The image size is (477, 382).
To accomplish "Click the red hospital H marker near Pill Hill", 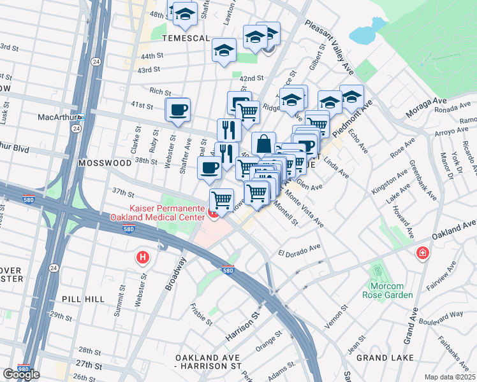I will (143, 258).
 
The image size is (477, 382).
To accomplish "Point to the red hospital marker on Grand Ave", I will (422, 254).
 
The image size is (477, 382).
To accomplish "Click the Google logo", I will (21, 374).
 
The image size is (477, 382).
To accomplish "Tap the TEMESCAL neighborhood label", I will (186, 38).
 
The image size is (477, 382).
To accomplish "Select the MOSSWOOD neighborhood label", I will (104, 163).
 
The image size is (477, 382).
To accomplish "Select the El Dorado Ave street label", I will (298, 250).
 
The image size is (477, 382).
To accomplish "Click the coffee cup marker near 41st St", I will (177, 109).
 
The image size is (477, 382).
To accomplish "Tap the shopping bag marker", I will (263, 143).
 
